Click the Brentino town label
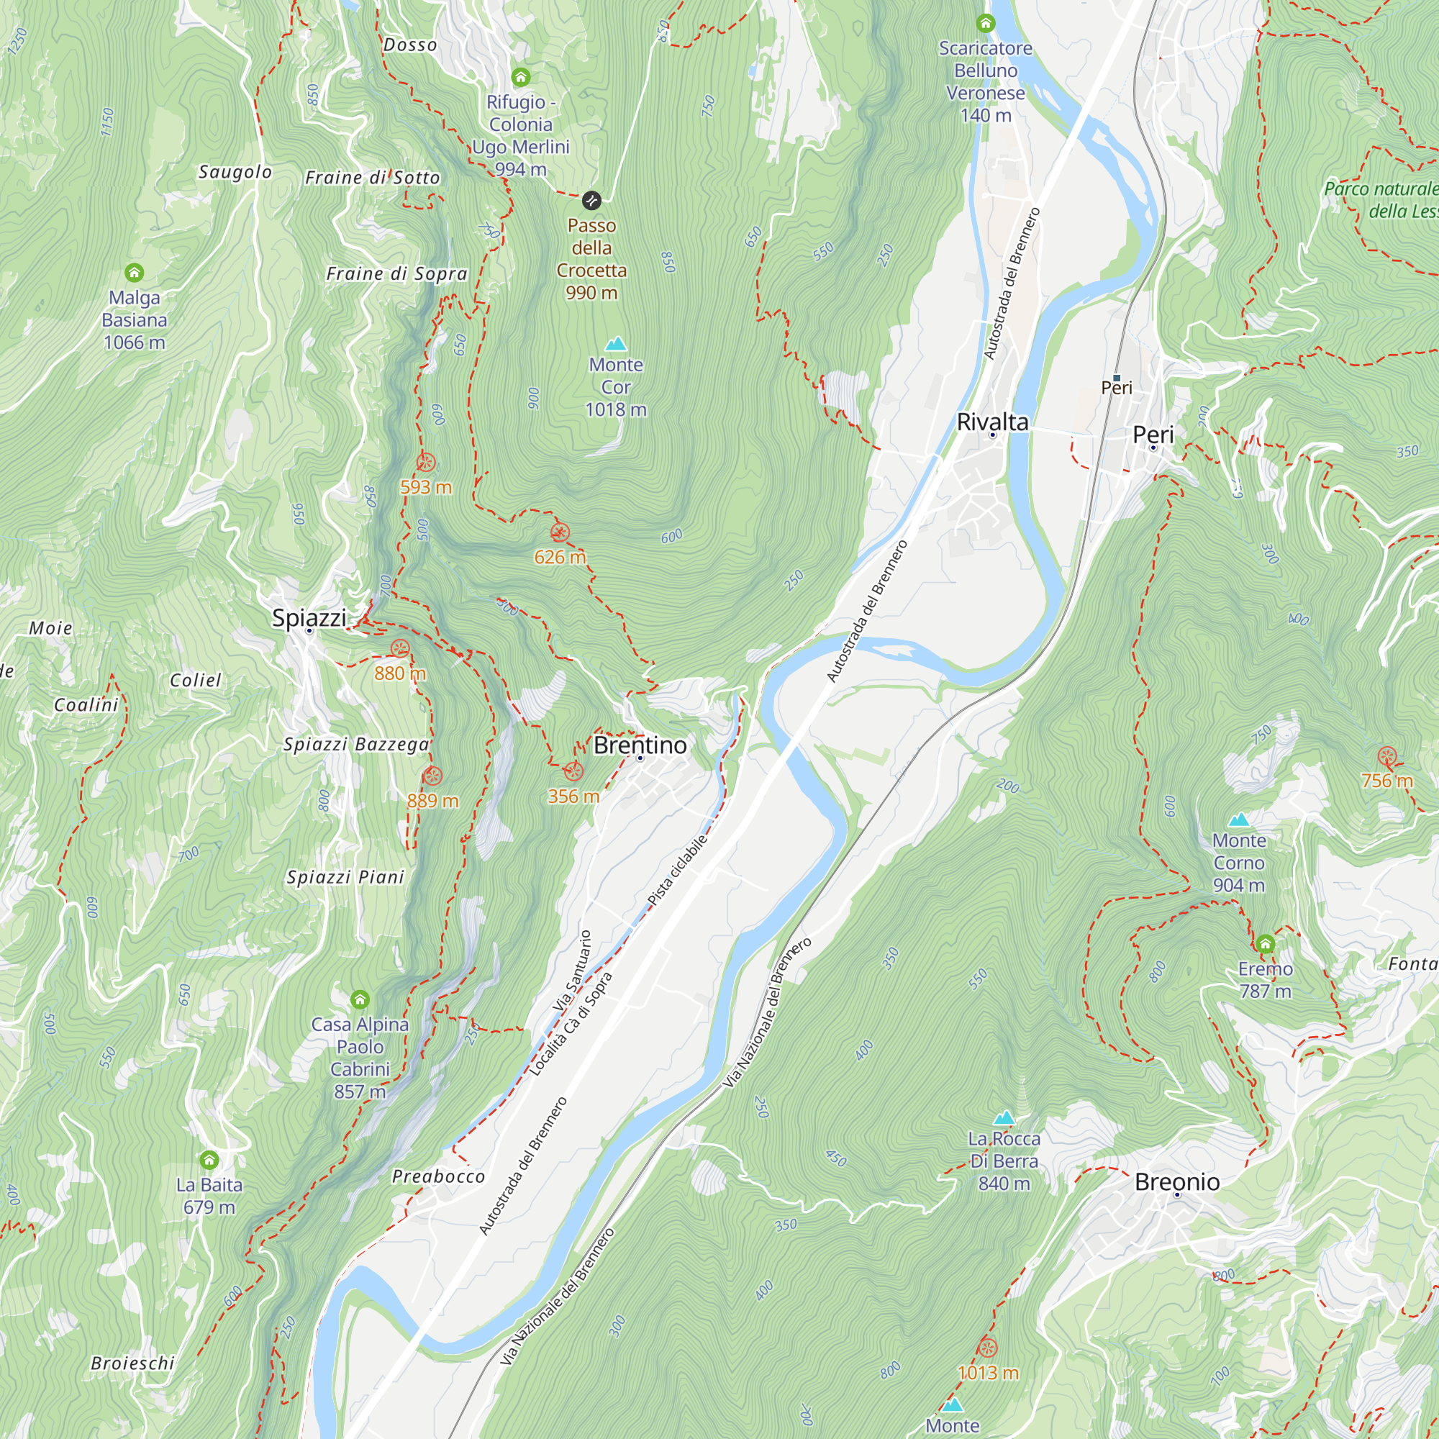[x=640, y=745]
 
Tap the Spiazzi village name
[x=309, y=617]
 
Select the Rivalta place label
[x=992, y=422]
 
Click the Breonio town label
[x=1177, y=1181]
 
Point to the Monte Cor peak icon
[x=615, y=343]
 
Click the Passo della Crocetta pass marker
[x=591, y=200]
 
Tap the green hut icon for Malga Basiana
[x=134, y=273]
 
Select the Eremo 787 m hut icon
[x=1265, y=945]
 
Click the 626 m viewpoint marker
[x=559, y=532]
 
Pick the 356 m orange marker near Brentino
[x=573, y=771]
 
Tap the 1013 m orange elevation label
[x=988, y=1372]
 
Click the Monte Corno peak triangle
[x=1239, y=820]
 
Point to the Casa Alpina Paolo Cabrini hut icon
[x=360, y=999]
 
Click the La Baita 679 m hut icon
[x=209, y=1160]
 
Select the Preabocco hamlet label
[x=438, y=1176]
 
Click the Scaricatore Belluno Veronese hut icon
[x=986, y=23]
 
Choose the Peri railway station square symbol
[x=1116, y=378]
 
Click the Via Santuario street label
[x=572, y=971]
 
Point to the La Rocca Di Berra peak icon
[x=1004, y=1117]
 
